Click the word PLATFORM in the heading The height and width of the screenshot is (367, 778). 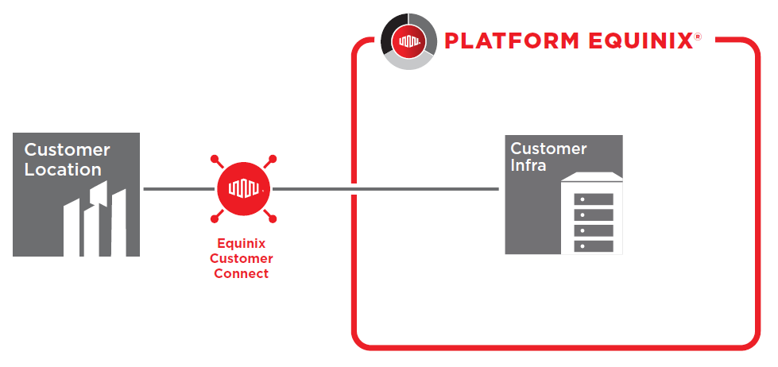pos(512,41)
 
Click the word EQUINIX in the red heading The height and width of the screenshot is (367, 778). pos(640,41)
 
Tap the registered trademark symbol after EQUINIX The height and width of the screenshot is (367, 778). pos(698,37)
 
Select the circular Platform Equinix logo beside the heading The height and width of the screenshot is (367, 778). pos(408,41)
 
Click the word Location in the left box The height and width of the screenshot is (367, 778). pos(63,170)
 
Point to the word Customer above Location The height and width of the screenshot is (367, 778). pos(67,149)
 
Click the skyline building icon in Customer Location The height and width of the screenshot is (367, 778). pos(95,218)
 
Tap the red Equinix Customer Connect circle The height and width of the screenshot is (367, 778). pos(244,189)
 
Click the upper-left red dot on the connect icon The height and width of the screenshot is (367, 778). pos(215,159)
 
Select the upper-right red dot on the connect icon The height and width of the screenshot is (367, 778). pos(273,159)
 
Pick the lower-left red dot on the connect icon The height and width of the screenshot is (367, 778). pos(215,218)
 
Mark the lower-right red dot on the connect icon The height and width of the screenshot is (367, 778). pos(273,218)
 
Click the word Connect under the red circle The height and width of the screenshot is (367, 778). pos(241,273)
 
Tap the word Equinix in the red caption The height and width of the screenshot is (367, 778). pos(241,244)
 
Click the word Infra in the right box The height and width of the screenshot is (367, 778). pos(528,165)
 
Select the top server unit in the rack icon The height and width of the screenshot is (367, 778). pos(594,199)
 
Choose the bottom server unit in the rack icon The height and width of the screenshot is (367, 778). pos(594,246)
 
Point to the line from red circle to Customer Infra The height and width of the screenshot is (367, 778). pos(385,189)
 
